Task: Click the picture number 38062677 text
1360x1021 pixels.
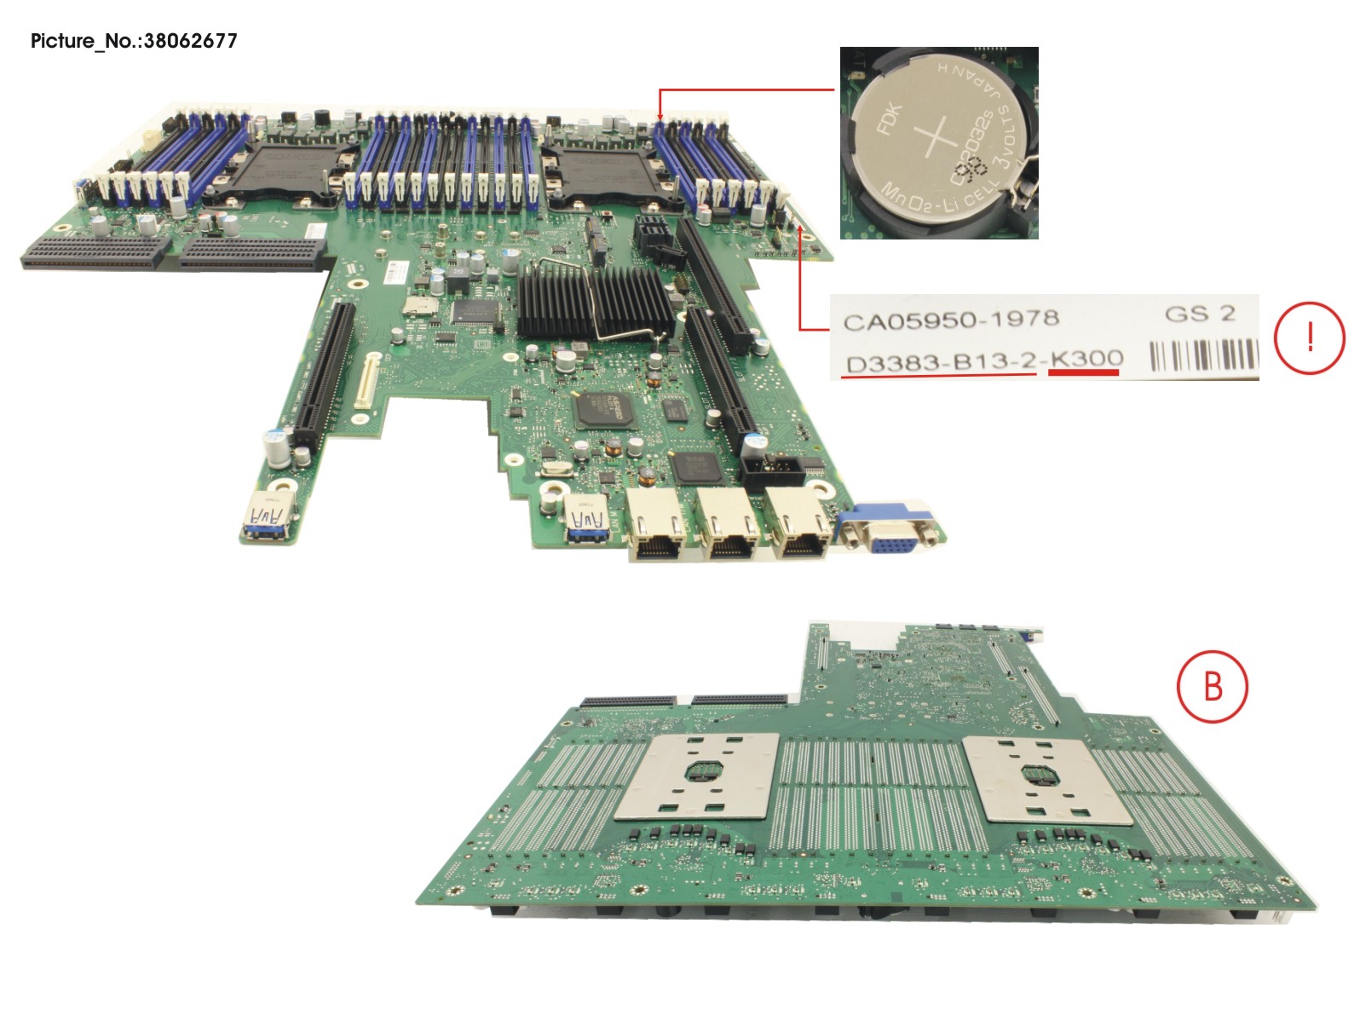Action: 189,41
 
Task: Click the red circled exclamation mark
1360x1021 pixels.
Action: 1309,337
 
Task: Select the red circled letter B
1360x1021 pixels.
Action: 1212,686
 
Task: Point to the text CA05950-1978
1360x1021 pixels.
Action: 950,320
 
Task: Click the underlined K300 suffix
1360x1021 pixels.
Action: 1086,361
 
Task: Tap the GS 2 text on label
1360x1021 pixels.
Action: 1199,314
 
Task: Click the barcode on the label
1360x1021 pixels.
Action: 1203,355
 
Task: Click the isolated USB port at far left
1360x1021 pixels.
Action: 267,519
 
